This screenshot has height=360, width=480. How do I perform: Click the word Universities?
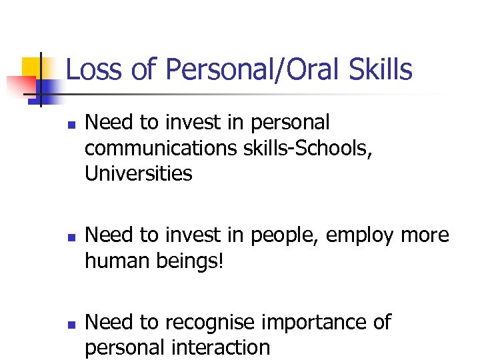coord(139,174)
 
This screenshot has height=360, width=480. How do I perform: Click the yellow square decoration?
coord(33,67)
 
